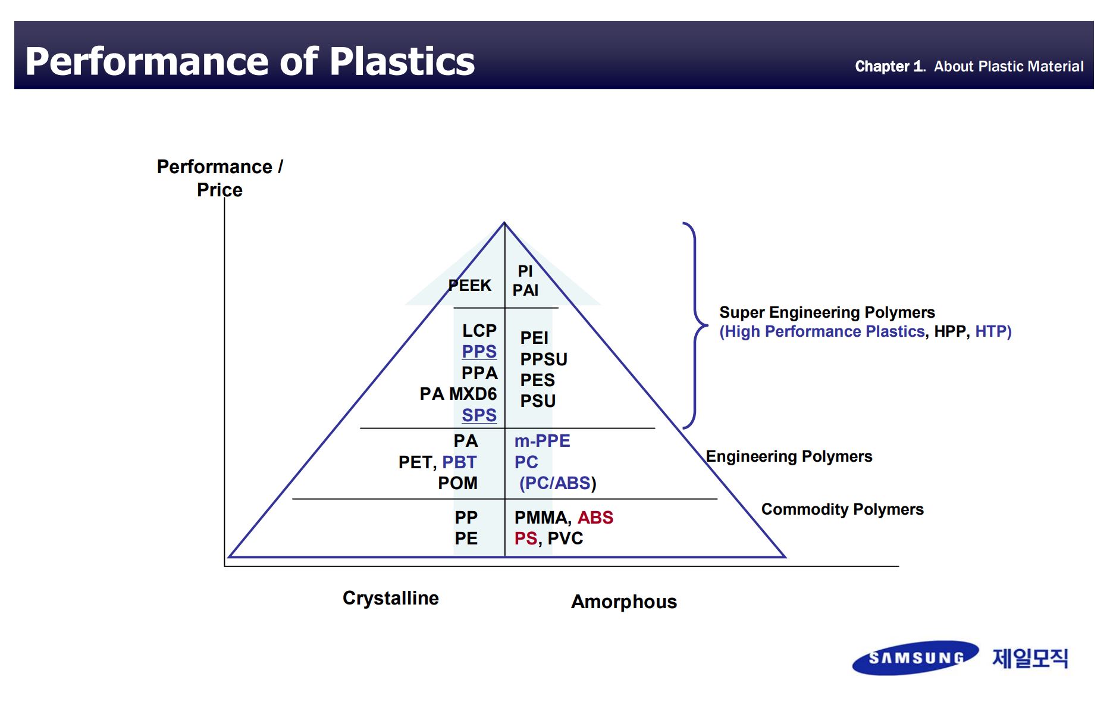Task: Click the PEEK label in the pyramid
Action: tap(470, 286)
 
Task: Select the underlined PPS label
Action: tap(479, 352)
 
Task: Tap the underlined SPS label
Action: tap(479, 415)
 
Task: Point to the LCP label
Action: tap(479, 330)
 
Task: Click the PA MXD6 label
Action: tap(458, 394)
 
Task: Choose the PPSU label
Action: tap(544, 359)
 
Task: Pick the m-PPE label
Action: tap(542, 441)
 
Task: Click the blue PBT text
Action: tap(459, 462)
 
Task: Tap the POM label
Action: tap(457, 483)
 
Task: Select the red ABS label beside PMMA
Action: tap(595, 518)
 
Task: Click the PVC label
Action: tap(565, 538)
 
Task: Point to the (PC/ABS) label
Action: tap(557, 483)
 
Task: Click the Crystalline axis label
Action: tap(390, 598)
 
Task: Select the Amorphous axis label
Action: tap(624, 602)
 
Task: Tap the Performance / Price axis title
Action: tap(220, 178)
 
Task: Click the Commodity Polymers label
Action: tap(842, 509)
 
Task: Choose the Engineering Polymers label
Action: tap(789, 456)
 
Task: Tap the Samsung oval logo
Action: tap(915, 657)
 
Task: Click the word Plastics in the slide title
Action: tap(402, 61)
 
